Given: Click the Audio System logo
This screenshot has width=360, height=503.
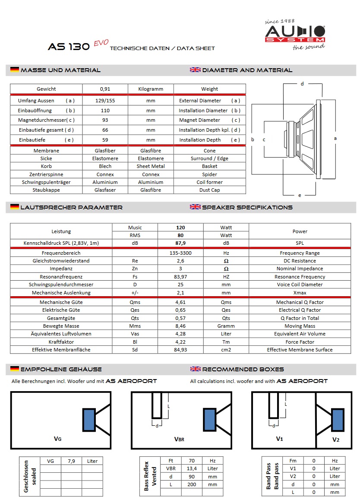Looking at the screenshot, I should [295, 34].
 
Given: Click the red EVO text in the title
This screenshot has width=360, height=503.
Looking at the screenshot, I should [101, 44].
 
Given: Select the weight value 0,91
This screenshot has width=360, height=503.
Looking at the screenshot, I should [105, 89].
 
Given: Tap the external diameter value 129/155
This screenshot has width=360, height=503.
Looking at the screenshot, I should [105, 101].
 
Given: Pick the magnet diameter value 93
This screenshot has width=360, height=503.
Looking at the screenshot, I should [105, 120].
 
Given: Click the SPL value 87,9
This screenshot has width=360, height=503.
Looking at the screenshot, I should [180, 244].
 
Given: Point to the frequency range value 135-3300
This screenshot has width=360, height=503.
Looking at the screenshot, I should [180, 253].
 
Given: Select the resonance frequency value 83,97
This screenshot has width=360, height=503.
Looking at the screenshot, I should [180, 277].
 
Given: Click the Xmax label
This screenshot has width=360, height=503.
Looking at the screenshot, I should [300, 293].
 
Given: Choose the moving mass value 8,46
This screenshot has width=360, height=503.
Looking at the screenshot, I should [180, 326].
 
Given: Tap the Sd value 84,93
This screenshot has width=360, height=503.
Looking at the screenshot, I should [180, 350].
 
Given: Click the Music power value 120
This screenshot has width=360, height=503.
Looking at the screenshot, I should [180, 228].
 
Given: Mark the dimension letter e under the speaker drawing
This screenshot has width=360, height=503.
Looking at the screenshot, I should [300, 195].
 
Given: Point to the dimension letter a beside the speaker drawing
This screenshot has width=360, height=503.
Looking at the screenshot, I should [335, 138].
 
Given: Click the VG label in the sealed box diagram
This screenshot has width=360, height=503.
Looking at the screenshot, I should [57, 439].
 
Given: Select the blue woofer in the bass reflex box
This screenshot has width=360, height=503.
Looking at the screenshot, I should [210, 420].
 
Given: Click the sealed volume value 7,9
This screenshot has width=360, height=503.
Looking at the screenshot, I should [71, 461].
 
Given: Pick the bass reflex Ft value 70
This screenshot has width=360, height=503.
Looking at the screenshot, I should [192, 461].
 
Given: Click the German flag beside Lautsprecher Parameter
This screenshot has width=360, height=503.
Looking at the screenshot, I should [15, 207].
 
